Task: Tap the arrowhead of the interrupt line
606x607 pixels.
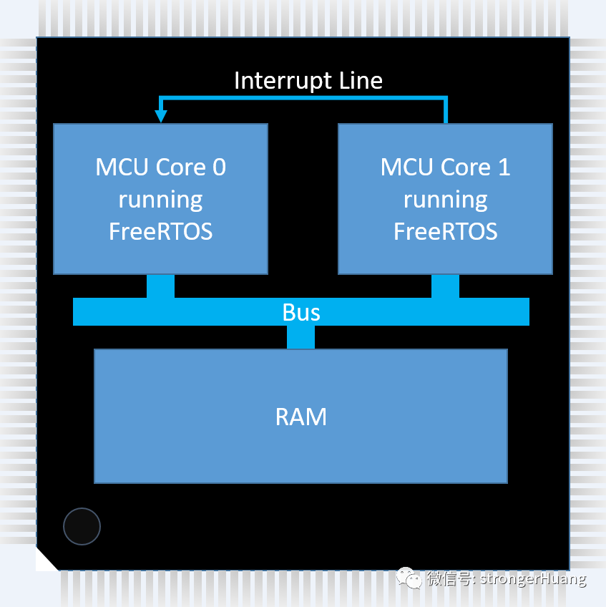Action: [161, 115]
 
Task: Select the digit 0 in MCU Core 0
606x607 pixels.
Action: [219, 167]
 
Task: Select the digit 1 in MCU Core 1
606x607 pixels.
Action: [504, 167]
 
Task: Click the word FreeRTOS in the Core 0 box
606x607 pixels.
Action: [160, 232]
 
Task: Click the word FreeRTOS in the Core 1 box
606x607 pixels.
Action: [445, 232]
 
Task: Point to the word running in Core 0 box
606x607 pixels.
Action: [160, 200]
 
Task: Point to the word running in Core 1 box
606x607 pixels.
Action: [445, 200]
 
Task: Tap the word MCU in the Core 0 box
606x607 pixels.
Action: [119, 167]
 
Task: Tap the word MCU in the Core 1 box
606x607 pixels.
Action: [404, 167]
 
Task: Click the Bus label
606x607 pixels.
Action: [301, 312]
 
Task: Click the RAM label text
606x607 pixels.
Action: [301, 417]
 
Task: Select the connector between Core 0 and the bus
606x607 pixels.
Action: [160, 286]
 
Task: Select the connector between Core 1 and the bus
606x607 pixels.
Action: [445, 286]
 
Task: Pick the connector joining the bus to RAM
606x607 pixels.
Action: [300, 337]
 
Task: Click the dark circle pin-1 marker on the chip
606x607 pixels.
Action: [82, 526]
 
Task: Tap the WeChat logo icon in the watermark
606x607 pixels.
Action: [409, 578]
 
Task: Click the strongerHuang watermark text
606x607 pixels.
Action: [532, 578]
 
